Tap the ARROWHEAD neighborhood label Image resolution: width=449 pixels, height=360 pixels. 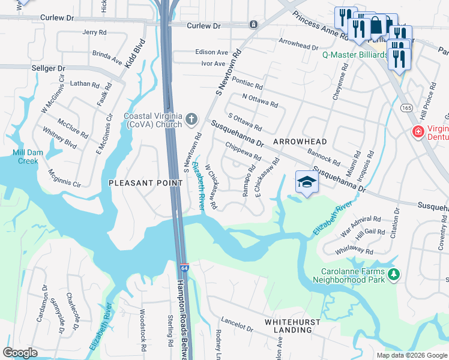pos(300,142)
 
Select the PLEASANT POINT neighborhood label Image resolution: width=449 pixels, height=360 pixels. pos(145,182)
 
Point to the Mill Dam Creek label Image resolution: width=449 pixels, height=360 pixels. pos(28,157)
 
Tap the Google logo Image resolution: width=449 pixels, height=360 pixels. pos(20,352)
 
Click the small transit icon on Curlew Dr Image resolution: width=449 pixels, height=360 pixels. pos(253,25)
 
